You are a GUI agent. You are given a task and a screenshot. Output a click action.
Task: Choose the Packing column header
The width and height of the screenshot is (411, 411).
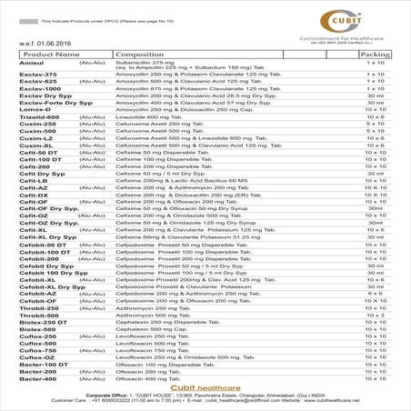pos(376,55)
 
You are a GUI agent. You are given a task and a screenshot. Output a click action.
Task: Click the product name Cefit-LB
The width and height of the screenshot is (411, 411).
pos(34,180)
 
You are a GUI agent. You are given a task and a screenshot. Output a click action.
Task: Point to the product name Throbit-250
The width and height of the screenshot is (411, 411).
pos(38,307)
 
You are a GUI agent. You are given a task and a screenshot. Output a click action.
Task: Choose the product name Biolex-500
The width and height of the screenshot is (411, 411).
pos(37,328)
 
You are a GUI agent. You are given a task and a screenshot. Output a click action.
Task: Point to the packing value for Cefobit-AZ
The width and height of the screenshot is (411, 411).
pos(376,294)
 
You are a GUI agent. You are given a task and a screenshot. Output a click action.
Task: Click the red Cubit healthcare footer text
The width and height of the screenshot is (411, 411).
pos(206,388)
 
